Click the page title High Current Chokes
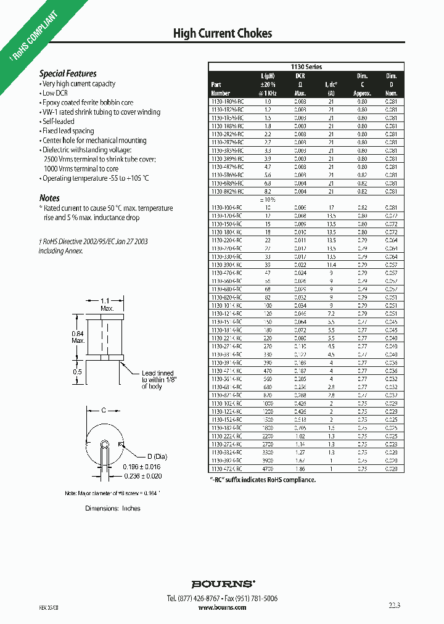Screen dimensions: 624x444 [x=222, y=33]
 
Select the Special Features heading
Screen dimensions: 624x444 [x=68, y=73]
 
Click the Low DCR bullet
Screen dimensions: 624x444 [x=55, y=93]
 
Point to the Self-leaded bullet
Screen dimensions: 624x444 [x=59, y=121]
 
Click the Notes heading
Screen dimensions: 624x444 [x=49, y=198]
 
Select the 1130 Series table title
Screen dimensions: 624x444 [x=306, y=67]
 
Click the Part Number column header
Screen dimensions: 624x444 [x=220, y=89]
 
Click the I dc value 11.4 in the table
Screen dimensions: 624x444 [x=331, y=263]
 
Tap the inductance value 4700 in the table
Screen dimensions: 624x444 [x=268, y=469]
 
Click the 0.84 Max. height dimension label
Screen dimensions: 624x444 [x=78, y=336]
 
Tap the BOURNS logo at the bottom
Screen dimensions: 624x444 [x=222, y=583]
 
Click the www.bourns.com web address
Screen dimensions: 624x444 [x=222, y=607]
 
